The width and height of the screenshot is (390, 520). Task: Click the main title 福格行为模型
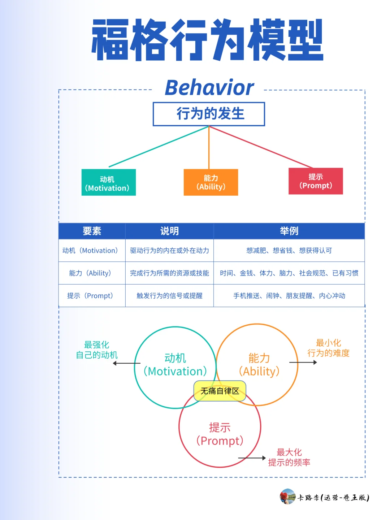207,40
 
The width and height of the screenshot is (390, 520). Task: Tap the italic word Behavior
209,88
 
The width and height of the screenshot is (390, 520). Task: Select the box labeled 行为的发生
209,114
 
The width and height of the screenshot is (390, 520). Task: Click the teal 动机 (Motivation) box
108,183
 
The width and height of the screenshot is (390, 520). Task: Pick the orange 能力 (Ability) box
211,182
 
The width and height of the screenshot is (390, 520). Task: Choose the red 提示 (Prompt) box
316,181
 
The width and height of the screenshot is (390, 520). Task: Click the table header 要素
92,231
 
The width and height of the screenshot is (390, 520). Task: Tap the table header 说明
169,231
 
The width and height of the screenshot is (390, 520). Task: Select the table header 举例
289,231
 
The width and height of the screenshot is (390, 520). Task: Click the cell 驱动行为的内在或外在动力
169,251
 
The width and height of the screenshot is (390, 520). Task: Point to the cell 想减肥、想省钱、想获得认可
289,251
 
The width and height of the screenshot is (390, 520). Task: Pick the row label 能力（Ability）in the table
90,273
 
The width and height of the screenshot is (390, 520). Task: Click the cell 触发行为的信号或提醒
169,296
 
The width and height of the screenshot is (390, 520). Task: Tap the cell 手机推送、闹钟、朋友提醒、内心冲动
289,296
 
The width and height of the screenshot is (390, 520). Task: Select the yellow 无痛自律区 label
220,391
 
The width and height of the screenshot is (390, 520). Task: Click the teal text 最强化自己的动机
97,350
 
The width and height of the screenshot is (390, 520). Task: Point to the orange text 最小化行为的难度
328,348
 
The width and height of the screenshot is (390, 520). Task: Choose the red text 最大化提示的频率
289,457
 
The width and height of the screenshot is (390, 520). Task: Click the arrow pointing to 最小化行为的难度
303,362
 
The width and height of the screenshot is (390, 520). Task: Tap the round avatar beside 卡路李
287,497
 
